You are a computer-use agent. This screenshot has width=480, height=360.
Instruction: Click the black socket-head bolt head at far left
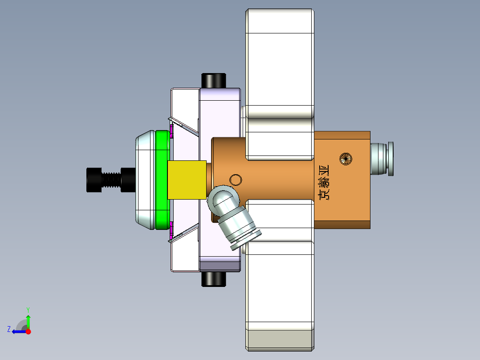(x=94, y=180)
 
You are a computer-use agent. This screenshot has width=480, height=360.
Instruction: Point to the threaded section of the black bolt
(x=111, y=180)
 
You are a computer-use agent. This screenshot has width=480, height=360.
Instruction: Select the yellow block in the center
(x=187, y=180)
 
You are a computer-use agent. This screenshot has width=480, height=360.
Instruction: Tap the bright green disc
(x=162, y=180)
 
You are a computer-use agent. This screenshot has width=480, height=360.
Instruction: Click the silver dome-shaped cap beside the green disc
(x=145, y=180)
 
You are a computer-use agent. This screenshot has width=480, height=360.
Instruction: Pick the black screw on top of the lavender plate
(x=214, y=80)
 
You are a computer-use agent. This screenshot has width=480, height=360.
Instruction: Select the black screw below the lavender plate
(x=214, y=279)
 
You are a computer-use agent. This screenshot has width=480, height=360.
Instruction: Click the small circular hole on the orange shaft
(x=235, y=180)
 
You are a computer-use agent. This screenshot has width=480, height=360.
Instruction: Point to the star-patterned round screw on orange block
(x=346, y=158)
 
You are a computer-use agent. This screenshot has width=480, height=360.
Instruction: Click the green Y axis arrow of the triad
(x=28, y=321)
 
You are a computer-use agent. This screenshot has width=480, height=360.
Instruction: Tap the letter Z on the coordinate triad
(x=9, y=329)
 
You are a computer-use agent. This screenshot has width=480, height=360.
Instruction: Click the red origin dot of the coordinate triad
(x=28, y=331)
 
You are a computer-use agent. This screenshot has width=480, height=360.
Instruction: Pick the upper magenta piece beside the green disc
(x=171, y=131)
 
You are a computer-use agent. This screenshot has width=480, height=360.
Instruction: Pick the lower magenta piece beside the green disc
(x=171, y=230)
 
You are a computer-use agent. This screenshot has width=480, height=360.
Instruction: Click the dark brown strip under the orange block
(x=342, y=225)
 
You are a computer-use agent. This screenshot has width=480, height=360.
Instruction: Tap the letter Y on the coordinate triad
(x=28, y=309)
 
